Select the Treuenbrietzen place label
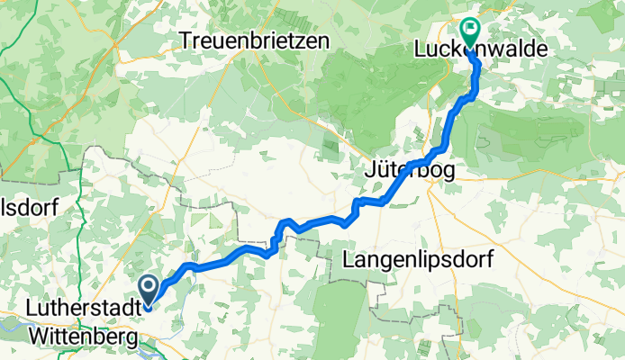[x=254, y=40]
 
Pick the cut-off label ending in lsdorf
[x=29, y=208]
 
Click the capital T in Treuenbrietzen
[x=185, y=40]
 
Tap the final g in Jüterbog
[x=448, y=171]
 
